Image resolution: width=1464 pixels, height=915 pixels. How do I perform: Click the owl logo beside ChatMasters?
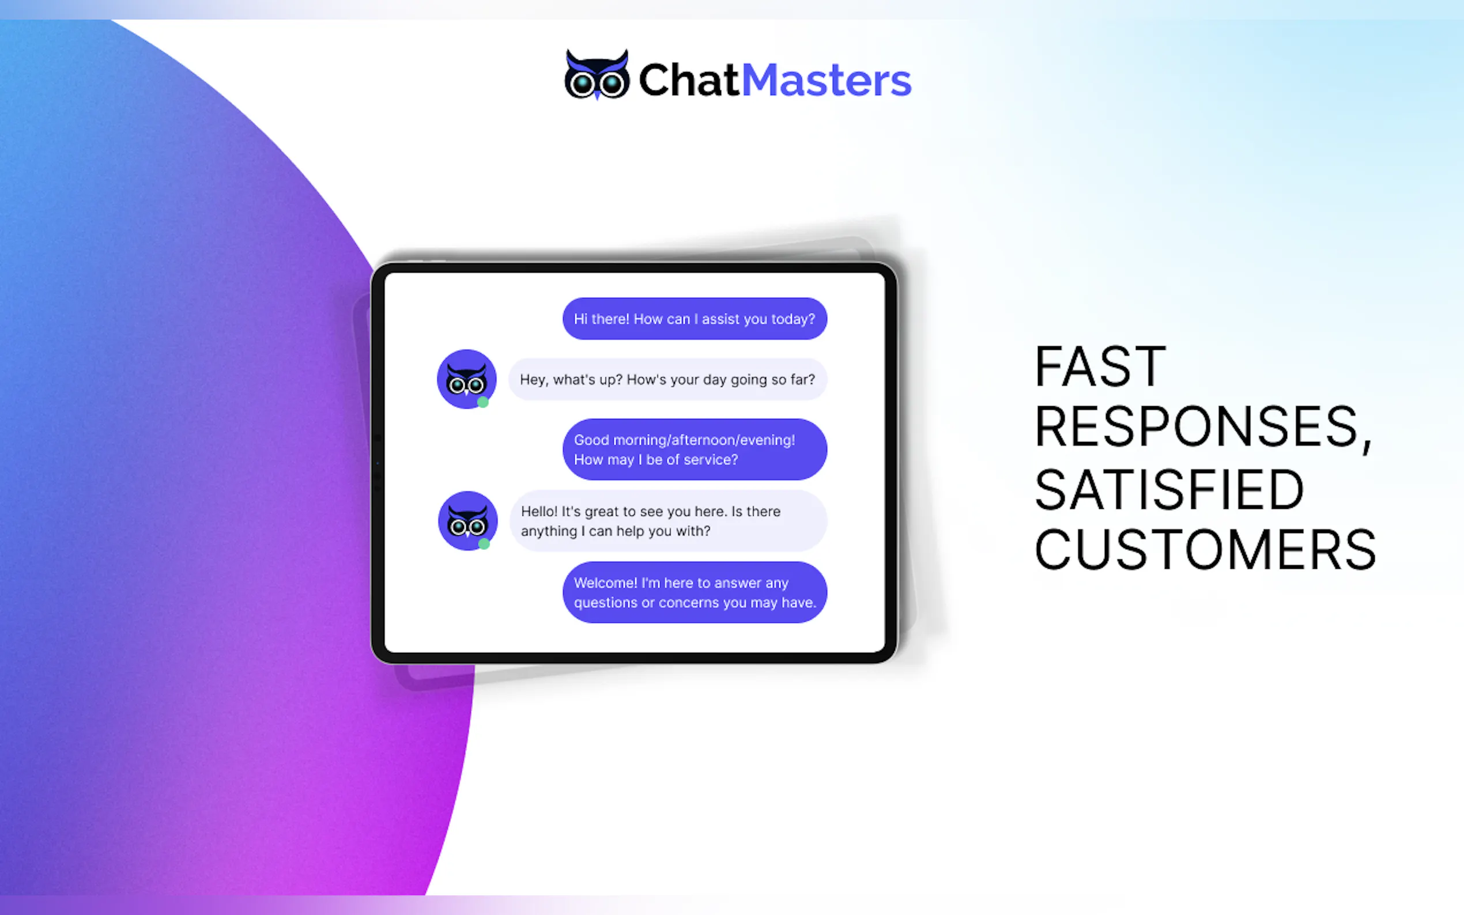pyautogui.click(x=596, y=75)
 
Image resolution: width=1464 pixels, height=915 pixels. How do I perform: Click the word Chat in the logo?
pyautogui.click(x=689, y=80)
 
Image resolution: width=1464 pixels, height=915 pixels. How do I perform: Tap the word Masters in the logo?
pyautogui.click(x=826, y=80)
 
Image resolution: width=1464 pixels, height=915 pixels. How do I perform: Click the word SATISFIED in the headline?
pyautogui.click(x=1169, y=490)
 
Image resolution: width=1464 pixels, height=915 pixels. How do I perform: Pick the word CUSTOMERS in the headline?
pyautogui.click(x=1205, y=550)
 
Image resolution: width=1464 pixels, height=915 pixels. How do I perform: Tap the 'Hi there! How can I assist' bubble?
pyautogui.click(x=694, y=319)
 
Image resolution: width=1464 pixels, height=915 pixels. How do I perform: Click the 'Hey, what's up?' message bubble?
pyautogui.click(x=667, y=380)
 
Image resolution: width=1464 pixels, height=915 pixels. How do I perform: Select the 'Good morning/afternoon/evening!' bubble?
pyautogui.click(x=694, y=449)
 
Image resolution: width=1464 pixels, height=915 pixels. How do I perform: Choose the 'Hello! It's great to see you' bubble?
pyautogui.click(x=667, y=521)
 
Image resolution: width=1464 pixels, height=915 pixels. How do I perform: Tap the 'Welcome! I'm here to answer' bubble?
pyautogui.click(x=694, y=592)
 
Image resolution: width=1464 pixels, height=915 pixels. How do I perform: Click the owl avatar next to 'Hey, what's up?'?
pyautogui.click(x=466, y=379)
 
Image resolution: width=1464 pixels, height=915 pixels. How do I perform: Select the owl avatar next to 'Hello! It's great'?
pyautogui.click(x=467, y=520)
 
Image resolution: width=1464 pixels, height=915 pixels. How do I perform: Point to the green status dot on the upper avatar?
pyautogui.click(x=482, y=402)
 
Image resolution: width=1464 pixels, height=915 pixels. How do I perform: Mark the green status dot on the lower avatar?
pyautogui.click(x=484, y=544)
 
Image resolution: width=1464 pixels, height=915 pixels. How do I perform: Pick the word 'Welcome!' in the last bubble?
pyautogui.click(x=605, y=583)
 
